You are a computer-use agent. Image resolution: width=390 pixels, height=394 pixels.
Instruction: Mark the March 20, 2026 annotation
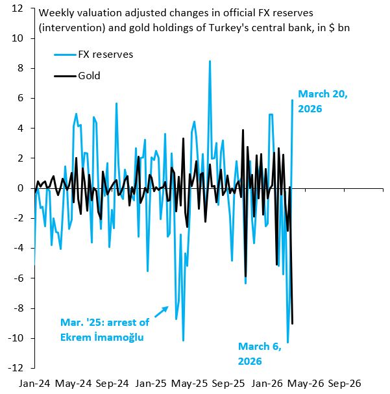323,101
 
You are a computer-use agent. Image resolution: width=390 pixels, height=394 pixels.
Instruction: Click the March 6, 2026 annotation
259,353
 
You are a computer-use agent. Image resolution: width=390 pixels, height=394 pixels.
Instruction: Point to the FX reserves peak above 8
210,62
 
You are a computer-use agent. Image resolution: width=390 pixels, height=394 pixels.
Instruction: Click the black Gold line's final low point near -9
293,323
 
